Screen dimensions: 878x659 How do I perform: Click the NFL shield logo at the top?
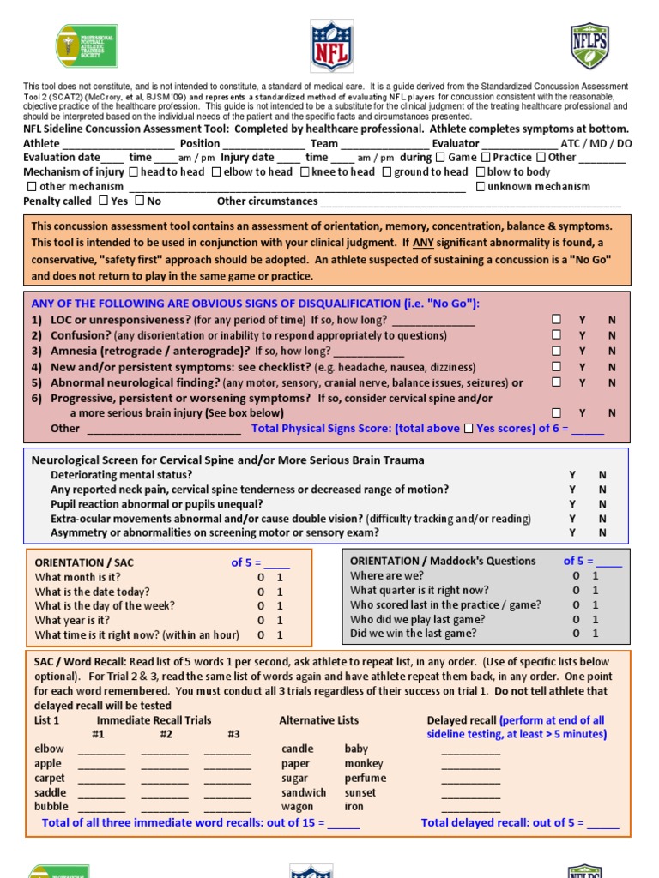(x=330, y=46)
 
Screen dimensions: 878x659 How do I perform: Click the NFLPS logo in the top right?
(x=589, y=46)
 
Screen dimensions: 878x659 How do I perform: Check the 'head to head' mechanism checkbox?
(x=133, y=171)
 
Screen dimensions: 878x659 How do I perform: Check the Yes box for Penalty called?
(x=103, y=201)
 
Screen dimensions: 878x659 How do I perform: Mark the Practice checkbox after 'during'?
(x=486, y=157)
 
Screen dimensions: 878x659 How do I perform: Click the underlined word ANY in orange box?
(x=423, y=242)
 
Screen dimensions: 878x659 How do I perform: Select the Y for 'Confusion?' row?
(x=582, y=335)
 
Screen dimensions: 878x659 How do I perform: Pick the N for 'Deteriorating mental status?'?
(x=602, y=474)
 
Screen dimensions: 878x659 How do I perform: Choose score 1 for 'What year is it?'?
(x=280, y=621)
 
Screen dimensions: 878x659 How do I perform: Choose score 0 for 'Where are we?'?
(x=576, y=576)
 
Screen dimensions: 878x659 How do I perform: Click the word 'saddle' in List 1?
(x=50, y=792)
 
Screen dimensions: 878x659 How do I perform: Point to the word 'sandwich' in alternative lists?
(x=304, y=792)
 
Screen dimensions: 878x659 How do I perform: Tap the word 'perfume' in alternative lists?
(x=366, y=778)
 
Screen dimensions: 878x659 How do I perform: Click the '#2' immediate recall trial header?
(x=166, y=734)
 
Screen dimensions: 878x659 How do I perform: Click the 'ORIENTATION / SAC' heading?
(x=84, y=562)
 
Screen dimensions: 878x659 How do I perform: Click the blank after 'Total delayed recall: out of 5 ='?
(x=603, y=823)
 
